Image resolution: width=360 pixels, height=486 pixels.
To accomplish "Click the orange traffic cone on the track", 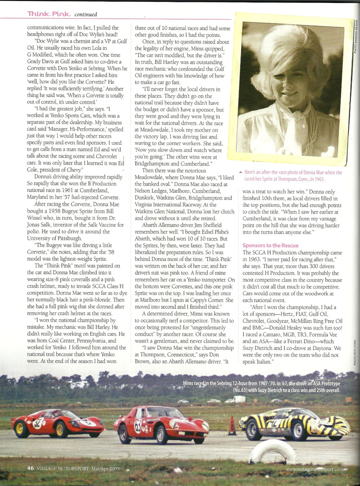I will (x=232, y=427).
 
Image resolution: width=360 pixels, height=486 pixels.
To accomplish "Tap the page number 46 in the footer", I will (x=31, y=468).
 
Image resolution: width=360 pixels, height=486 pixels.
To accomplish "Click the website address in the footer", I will (x=318, y=470).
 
